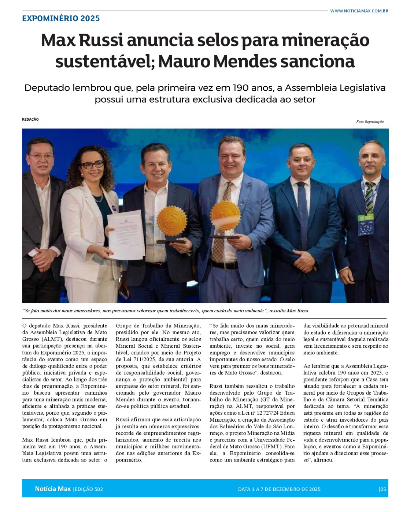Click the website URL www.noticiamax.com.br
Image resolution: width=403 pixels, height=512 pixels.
359,11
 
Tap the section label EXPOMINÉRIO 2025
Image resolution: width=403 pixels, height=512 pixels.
61,18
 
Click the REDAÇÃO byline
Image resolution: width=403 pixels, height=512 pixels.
30,119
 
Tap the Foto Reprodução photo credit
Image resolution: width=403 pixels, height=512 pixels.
370,121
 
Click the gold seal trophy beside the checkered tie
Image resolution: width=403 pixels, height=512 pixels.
225,216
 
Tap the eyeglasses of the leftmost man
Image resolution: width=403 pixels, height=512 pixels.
41,157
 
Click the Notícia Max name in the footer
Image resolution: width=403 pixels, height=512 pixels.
53,489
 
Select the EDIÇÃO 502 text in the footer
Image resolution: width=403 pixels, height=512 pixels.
88,489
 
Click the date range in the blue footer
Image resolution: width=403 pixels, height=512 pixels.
279,489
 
